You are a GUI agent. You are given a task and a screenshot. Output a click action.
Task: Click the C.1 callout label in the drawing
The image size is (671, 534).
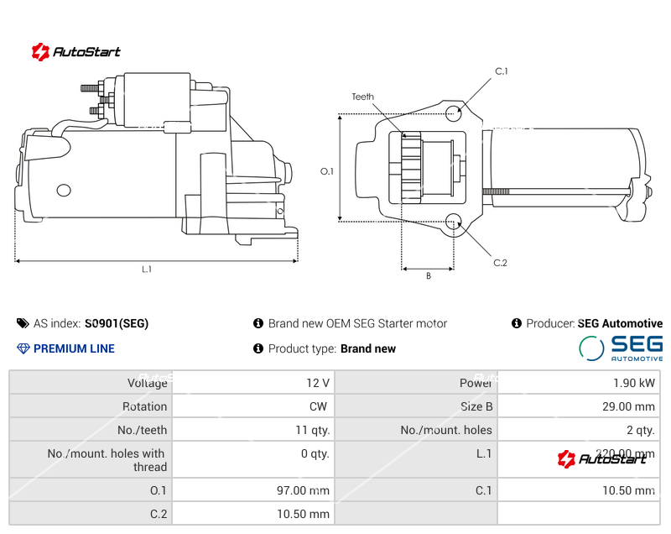tap(502, 71)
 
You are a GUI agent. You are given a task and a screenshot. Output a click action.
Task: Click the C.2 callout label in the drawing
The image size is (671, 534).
tap(500, 263)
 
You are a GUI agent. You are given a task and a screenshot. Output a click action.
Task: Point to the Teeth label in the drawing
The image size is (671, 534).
tap(363, 97)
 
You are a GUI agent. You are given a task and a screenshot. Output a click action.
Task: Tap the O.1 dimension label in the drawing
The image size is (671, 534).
tap(327, 171)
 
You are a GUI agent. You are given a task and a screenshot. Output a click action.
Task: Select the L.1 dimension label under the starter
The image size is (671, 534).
tap(147, 270)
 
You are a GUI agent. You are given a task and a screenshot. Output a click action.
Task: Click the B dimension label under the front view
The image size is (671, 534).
tap(428, 276)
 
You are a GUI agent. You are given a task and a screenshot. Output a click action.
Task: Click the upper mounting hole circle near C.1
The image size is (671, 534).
tap(454, 113)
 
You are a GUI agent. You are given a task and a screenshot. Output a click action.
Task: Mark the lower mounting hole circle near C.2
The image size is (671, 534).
tap(454, 222)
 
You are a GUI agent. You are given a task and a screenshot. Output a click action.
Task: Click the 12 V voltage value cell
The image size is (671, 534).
tap(318, 383)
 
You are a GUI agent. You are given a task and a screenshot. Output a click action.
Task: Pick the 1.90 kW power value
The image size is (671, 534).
tap(635, 383)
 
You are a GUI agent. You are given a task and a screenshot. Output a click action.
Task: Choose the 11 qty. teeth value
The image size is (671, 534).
tap(311, 430)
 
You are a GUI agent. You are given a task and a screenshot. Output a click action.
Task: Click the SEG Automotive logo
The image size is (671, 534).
tap(621, 348)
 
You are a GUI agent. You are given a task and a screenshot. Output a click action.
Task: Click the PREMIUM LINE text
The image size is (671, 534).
tap(74, 348)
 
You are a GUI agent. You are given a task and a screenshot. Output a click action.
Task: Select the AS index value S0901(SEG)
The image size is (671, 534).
tap(117, 323)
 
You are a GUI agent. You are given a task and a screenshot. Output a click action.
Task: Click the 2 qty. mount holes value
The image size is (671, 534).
tap(641, 430)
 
